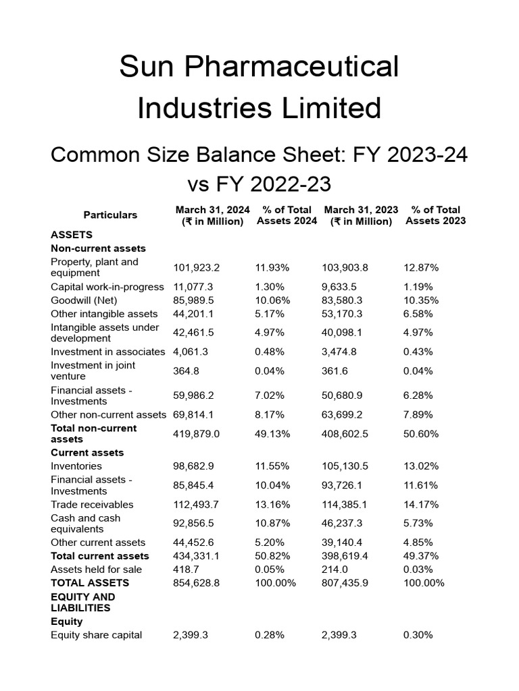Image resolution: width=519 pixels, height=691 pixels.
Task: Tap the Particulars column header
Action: coord(110,215)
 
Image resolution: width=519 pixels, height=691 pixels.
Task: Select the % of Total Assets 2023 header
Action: coord(435,215)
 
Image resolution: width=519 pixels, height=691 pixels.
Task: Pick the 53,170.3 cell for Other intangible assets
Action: coord(345,314)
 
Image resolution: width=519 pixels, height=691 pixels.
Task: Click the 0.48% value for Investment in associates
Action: coord(269,352)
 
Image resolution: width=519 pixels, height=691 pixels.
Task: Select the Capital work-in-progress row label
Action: coord(107,287)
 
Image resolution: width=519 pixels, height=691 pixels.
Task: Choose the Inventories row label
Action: coord(76,466)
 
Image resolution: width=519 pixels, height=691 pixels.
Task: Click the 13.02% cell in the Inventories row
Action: coord(421,466)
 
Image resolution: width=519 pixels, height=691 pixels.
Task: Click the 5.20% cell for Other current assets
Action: coord(269,543)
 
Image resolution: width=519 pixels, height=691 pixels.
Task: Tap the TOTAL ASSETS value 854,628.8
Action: coord(197,583)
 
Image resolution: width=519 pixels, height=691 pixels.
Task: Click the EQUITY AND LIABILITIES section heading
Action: coord(82,602)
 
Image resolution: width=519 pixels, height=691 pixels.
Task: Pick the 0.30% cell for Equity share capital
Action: coord(418,635)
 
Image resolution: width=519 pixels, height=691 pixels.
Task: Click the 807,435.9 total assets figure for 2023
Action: coord(345,583)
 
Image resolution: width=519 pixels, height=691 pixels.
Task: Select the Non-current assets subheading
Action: coord(98,248)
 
